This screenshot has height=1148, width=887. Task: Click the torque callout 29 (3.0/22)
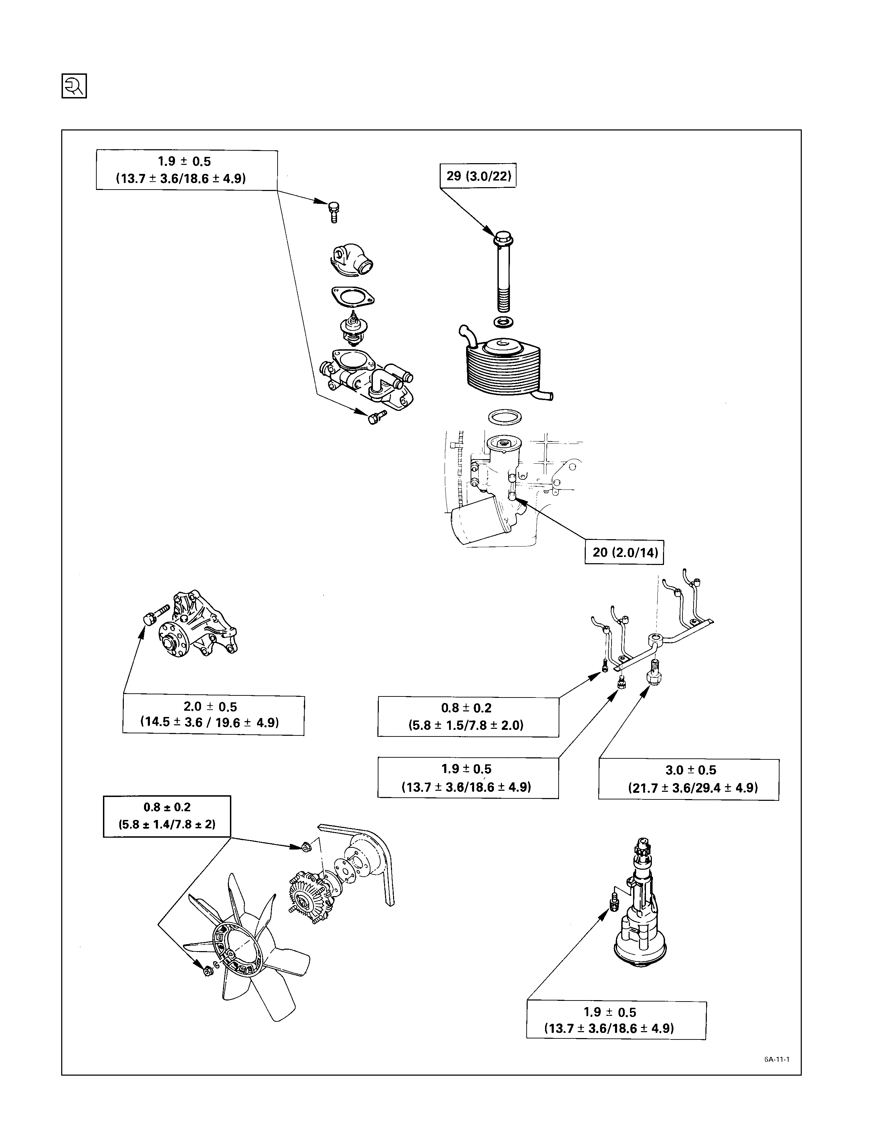[x=478, y=176]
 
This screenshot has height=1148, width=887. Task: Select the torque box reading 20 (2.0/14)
[x=625, y=552]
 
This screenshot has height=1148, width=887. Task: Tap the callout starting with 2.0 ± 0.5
[x=213, y=715]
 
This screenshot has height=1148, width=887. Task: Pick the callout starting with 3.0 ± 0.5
[x=689, y=780]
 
